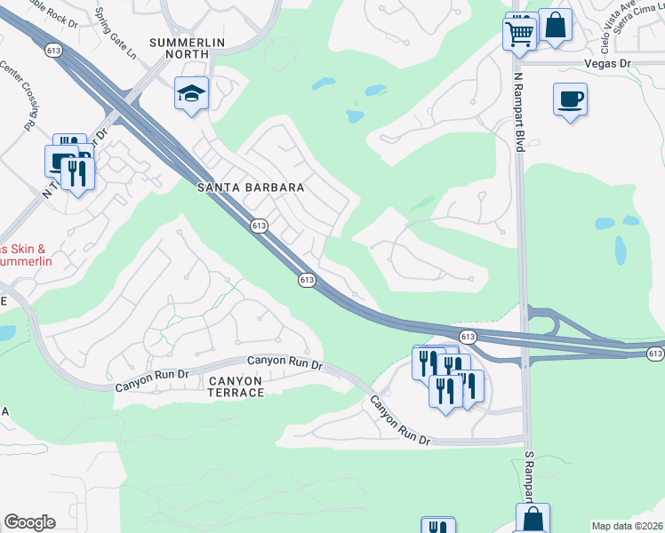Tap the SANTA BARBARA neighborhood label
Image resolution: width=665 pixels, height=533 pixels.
click(x=251, y=188)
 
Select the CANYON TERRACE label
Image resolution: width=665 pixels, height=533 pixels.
click(x=236, y=386)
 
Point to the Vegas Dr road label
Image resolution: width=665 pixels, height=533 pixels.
click(x=607, y=64)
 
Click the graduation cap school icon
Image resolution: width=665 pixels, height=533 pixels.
click(x=191, y=94)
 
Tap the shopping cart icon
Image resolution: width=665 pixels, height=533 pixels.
click(x=518, y=35)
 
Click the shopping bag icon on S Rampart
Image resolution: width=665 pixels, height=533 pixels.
click(x=533, y=519)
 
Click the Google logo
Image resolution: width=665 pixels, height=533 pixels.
click(x=29, y=522)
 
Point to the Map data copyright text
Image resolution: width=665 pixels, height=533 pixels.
click(x=627, y=526)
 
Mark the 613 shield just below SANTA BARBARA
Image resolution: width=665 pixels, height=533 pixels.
click(x=259, y=226)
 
